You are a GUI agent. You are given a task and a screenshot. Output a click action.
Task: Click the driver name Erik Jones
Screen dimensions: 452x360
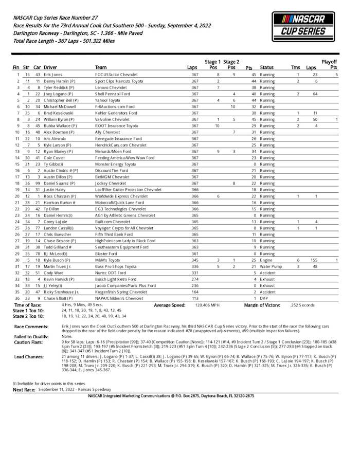pos(53,75)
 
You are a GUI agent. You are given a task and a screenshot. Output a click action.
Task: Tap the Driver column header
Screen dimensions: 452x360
pos(50,67)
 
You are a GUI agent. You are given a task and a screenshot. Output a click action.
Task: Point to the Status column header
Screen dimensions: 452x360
pos(267,67)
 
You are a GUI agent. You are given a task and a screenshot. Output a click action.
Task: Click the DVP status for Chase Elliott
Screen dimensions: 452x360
pos(264,298)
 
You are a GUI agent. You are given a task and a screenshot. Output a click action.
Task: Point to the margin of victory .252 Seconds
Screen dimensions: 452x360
pos(302,305)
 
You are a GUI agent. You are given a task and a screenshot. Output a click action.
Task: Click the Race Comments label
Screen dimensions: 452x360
pos(31,326)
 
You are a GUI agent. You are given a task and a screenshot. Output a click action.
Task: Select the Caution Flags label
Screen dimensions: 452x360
pos(28,341)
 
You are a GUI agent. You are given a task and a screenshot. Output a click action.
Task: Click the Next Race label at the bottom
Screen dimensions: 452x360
pos(24,390)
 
